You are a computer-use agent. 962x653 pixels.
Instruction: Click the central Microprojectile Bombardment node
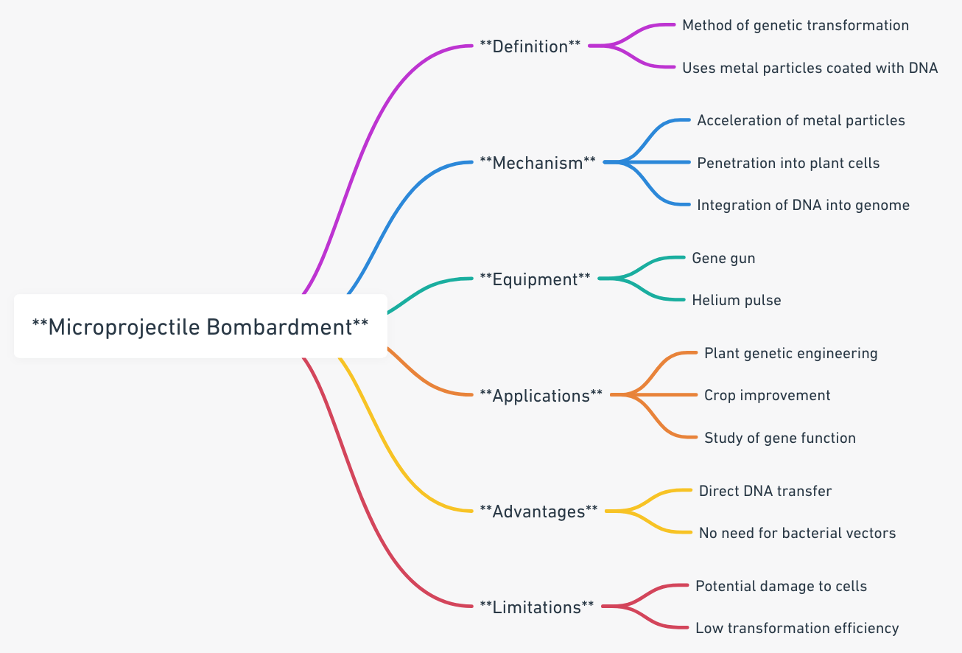pos(200,326)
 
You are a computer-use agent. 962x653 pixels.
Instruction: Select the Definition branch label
pos(530,46)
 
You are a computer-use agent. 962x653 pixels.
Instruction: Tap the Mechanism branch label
pos(538,163)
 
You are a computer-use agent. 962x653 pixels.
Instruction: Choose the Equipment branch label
pos(535,279)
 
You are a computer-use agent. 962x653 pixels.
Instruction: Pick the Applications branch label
pos(541,396)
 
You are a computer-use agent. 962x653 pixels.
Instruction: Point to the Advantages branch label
pos(538,511)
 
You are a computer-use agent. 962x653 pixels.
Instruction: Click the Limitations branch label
pos(536,607)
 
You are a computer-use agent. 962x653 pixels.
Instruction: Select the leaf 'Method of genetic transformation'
pos(796,26)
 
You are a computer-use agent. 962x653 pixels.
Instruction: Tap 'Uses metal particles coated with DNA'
pos(810,69)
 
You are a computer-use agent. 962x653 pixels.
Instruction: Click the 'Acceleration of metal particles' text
pos(801,120)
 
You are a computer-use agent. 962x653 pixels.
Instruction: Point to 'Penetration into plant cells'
pos(788,163)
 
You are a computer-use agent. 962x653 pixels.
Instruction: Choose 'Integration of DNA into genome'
pos(803,206)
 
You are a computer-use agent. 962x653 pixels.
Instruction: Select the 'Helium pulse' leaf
pos(736,301)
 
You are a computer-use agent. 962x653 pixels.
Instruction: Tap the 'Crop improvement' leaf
pos(767,396)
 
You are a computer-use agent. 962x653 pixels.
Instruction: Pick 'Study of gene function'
pos(779,439)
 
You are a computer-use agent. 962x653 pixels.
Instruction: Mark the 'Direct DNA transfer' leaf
pos(765,491)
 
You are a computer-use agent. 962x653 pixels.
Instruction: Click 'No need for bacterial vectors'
pos(797,533)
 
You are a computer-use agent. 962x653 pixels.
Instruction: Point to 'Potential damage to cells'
pos(781,587)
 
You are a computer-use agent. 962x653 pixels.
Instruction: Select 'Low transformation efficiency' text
pos(797,629)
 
